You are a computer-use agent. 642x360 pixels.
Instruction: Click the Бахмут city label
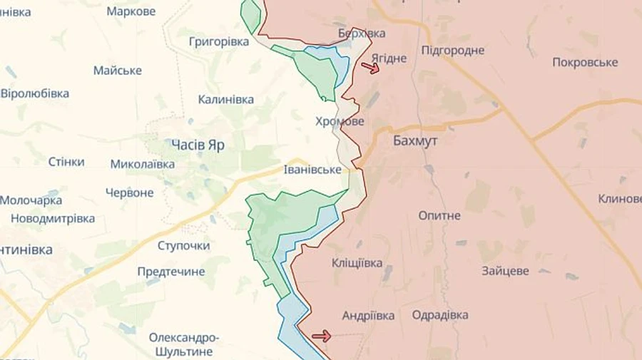click(x=415, y=141)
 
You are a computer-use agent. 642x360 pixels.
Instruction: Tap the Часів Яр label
click(x=198, y=145)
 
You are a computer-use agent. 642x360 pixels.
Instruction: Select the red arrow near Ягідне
click(x=370, y=68)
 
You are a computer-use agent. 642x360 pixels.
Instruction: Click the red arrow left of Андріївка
click(x=322, y=336)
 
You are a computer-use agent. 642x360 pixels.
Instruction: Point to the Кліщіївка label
click(x=357, y=263)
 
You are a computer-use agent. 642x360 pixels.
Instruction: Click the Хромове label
click(x=340, y=122)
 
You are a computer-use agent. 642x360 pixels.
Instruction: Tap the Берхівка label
click(x=362, y=34)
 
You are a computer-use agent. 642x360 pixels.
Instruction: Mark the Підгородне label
click(x=453, y=50)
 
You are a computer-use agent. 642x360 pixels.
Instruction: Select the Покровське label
click(x=585, y=62)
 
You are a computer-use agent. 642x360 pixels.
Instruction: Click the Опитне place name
click(x=439, y=215)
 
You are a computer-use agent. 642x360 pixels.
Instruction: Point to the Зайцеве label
click(x=505, y=271)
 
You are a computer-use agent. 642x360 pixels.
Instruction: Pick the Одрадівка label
click(x=440, y=315)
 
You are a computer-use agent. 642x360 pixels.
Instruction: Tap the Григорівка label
click(x=219, y=41)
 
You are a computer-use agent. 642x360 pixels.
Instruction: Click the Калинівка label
click(x=225, y=100)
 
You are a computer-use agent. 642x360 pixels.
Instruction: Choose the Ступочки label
click(x=183, y=245)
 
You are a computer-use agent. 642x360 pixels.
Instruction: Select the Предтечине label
click(x=170, y=272)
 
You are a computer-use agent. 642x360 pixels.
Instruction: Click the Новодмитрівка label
click(x=53, y=219)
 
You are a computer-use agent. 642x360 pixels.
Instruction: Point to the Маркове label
click(x=131, y=11)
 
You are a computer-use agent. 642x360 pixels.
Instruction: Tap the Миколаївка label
click(x=143, y=164)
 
